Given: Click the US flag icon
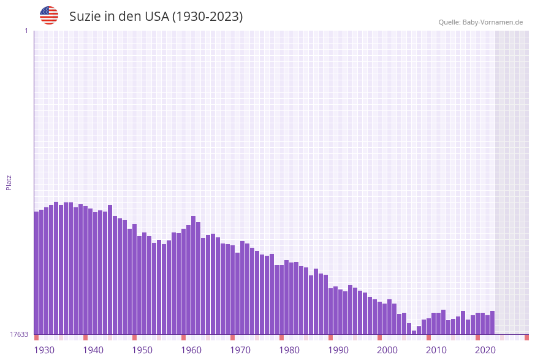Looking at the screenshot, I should point(49,15).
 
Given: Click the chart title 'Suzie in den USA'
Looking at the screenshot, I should point(156,17).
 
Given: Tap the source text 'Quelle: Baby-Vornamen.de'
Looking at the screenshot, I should point(480,22).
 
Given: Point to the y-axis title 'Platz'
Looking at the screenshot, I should point(9,182).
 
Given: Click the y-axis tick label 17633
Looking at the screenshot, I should point(19,334).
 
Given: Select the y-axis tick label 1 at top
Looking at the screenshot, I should point(26,31).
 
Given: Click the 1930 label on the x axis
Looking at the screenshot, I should point(44,350).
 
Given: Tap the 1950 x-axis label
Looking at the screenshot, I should point(142,350).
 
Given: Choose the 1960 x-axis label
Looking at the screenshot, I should point(191,350).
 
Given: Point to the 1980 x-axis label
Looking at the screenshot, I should point(289,350).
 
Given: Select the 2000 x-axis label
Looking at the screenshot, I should point(387,350).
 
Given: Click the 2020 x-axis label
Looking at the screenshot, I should point(485,350).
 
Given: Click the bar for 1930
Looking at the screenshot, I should point(36,273).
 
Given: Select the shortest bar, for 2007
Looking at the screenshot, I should point(414,332).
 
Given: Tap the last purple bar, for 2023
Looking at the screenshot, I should point(492,323).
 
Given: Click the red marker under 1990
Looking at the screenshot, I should point(330,337).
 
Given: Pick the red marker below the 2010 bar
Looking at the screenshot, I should point(428,337).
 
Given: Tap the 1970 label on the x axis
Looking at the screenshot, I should point(240,350).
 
